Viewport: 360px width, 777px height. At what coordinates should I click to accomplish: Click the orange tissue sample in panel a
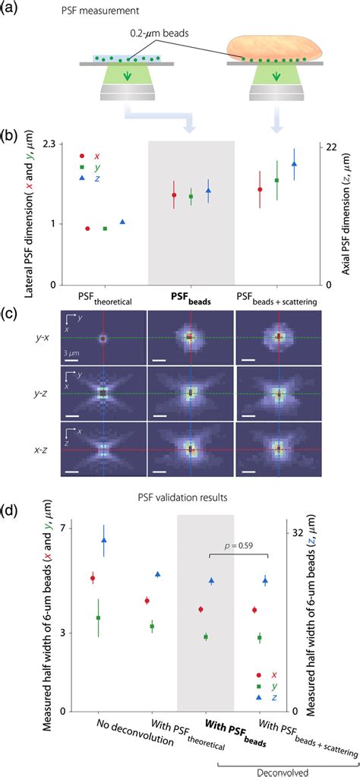point(275,48)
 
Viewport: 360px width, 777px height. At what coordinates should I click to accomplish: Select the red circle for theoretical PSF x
point(87,229)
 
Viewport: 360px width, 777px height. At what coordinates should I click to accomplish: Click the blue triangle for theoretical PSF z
point(123,222)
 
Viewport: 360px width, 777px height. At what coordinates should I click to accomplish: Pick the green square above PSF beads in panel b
point(191,196)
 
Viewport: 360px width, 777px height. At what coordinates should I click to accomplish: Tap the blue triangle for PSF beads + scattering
point(294,163)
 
